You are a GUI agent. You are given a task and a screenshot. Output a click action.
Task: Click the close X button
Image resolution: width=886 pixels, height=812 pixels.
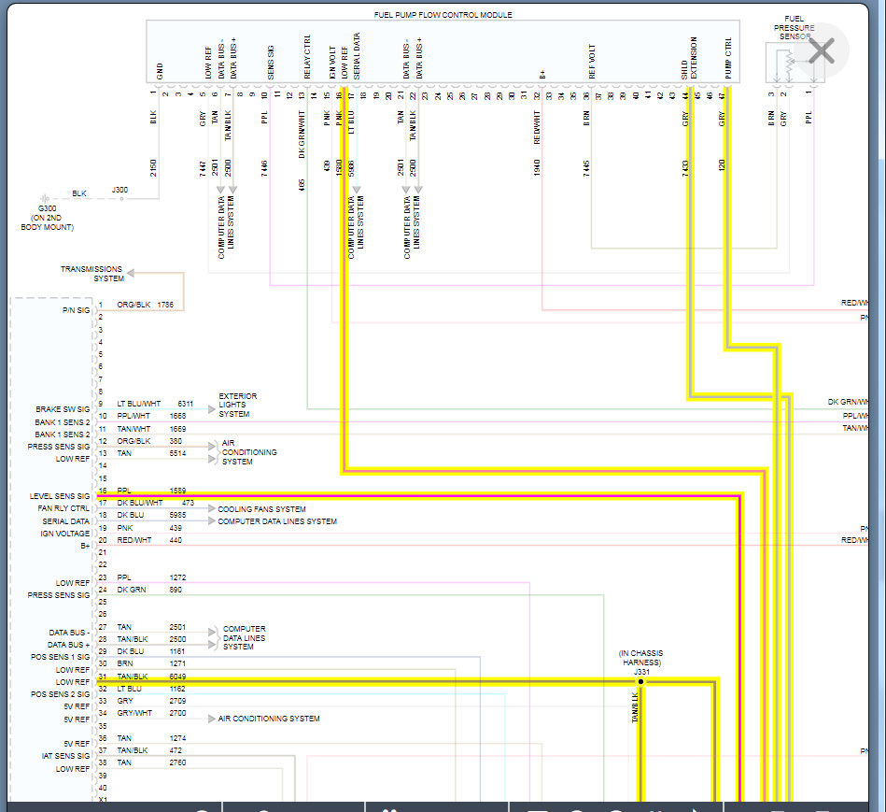point(821,50)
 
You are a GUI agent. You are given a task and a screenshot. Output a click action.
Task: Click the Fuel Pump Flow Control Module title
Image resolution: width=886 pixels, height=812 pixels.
point(443,15)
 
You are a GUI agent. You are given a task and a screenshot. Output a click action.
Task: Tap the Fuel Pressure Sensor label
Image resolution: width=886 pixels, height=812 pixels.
point(794,28)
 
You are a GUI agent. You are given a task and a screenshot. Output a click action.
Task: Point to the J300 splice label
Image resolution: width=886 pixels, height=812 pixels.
point(120,190)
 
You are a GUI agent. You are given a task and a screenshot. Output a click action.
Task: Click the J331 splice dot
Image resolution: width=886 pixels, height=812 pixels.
point(640,682)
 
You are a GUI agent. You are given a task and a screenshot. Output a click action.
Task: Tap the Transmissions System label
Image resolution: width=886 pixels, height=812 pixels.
point(92,274)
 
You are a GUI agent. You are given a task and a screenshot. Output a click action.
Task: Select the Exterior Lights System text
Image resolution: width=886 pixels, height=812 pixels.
point(238,405)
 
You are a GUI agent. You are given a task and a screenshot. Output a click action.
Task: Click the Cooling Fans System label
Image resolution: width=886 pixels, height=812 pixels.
point(261,509)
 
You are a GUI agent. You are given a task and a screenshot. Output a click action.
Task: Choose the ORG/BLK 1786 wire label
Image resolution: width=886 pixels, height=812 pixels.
point(146,305)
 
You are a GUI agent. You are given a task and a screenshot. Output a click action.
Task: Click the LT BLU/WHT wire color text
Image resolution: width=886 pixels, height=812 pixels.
point(138,404)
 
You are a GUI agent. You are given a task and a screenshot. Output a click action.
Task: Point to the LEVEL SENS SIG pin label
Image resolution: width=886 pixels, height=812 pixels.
point(60,496)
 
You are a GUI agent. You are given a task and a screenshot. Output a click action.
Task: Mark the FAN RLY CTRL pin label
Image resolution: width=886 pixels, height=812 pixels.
point(63,508)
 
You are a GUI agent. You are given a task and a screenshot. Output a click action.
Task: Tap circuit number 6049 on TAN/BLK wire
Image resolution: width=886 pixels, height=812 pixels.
point(177,677)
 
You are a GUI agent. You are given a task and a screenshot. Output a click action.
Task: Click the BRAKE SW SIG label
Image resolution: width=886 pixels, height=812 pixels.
point(63,409)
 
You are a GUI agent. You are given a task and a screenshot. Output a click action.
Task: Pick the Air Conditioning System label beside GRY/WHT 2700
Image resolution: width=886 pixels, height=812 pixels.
point(269,719)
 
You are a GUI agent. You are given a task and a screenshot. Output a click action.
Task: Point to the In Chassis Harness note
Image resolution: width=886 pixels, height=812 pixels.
point(641,658)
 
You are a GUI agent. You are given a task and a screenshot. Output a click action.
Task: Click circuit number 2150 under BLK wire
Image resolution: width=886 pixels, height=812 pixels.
point(154,168)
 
